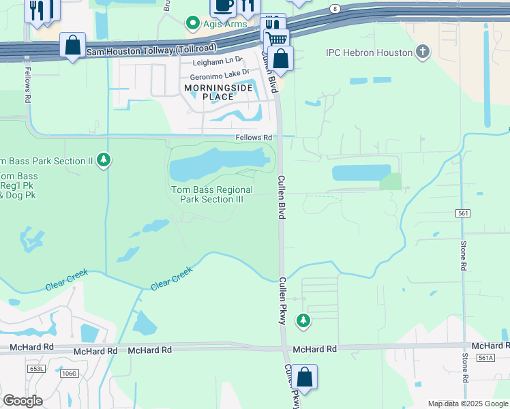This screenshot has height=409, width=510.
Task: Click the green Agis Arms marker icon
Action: [193, 24]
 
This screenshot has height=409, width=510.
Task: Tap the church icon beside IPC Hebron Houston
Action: [423, 52]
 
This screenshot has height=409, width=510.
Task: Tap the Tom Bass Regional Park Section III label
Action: [211, 194]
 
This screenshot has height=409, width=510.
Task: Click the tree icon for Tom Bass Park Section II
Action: [104, 160]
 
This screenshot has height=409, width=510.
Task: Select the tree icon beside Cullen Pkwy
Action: [303, 320]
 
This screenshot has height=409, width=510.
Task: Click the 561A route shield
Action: [485, 357]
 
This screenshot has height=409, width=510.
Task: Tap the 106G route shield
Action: [69, 373]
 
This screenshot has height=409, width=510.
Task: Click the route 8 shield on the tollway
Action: [335, 8]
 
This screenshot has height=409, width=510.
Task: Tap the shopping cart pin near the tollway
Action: [276, 40]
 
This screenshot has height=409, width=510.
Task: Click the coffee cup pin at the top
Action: [222, 5]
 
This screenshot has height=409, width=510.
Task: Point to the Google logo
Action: [22, 401]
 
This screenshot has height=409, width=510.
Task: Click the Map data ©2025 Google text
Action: [468, 404]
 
